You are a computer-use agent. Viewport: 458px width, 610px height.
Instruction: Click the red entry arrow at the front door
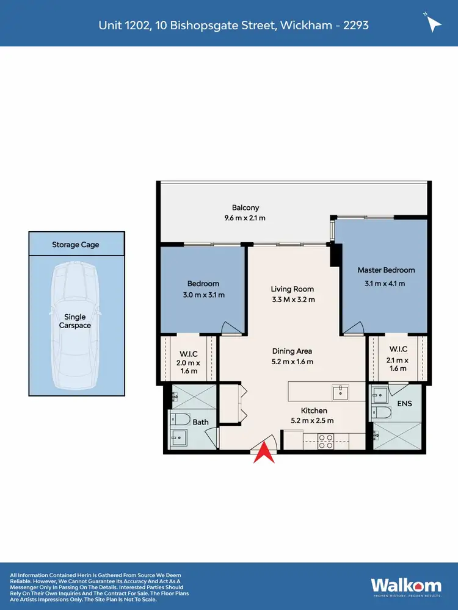(x=264, y=453)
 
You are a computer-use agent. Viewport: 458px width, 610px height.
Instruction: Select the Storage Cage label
(x=76, y=245)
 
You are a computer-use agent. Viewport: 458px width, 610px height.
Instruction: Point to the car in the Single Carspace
(x=76, y=326)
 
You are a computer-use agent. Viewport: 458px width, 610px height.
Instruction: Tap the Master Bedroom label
(x=386, y=270)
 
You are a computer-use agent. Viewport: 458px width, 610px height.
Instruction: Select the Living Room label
(x=293, y=289)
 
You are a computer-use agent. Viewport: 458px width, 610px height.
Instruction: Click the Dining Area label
(x=293, y=351)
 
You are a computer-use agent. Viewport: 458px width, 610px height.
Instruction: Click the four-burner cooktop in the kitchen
(x=325, y=440)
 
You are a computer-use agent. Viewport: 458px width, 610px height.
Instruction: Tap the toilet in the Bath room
(x=179, y=419)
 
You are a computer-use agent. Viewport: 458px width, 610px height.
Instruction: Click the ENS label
(x=404, y=403)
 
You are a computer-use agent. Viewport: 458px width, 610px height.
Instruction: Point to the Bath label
(x=200, y=422)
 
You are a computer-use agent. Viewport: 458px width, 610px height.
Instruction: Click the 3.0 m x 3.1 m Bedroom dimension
(x=203, y=295)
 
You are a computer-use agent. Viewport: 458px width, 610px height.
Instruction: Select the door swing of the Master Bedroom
(x=352, y=328)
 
